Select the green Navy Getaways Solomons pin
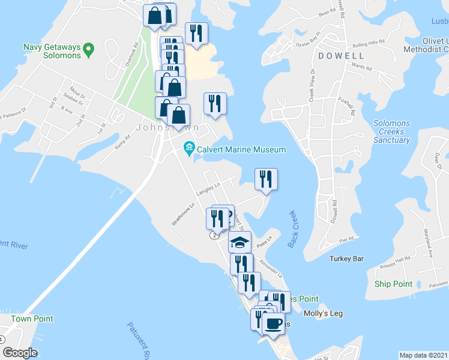coord(89,47)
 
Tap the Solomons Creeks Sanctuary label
coord(391,132)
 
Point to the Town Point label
coord(32,319)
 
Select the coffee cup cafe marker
coord(274,323)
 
